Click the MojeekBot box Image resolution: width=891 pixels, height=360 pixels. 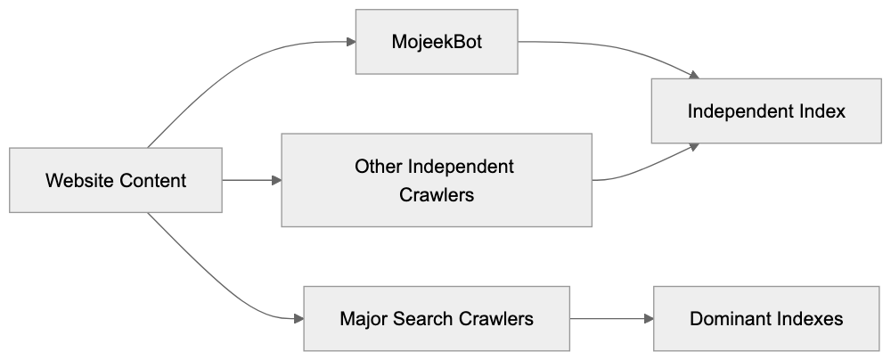437,42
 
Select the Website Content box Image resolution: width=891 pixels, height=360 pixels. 116,181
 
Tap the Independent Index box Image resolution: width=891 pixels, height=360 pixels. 766,111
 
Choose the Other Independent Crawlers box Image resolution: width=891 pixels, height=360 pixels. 437,180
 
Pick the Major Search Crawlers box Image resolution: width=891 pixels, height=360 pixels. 437,318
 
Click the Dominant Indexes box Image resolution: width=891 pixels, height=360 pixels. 766,318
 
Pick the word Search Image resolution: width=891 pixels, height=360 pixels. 420,318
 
